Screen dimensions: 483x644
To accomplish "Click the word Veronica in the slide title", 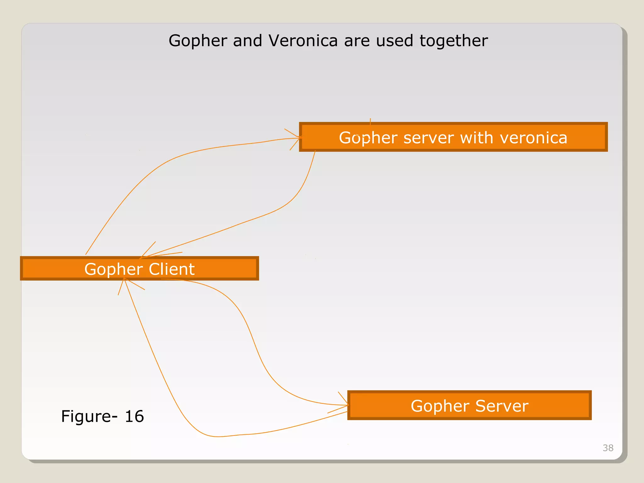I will pos(303,41).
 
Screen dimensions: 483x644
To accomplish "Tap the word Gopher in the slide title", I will pos(198,41).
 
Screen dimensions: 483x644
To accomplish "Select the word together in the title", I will pos(453,41).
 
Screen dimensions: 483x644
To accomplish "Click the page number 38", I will pos(608,448).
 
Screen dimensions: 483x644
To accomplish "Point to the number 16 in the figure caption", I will pos(134,416).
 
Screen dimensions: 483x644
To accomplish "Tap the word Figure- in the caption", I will pos(89,416).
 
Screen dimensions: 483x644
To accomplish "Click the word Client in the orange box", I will pos(172,269).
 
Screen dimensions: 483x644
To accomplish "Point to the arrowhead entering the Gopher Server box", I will pos(346,405).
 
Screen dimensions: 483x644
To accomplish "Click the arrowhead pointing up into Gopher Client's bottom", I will pos(125,281).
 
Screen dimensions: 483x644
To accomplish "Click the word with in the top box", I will pos(477,138).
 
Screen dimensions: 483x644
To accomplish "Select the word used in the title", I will pos(394,41).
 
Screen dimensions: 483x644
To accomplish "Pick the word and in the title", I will pos(247,41).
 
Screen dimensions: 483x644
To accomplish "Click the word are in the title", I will pos(357,41).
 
